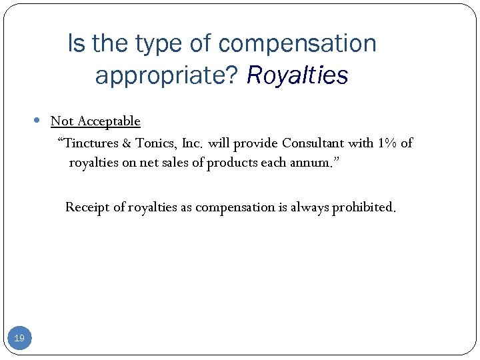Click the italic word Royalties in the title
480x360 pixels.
coord(297,75)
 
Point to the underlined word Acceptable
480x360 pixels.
coord(109,121)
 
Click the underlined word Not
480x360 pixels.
coord(62,121)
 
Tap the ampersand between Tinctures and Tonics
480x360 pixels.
coord(126,143)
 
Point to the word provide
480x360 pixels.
coord(255,143)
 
